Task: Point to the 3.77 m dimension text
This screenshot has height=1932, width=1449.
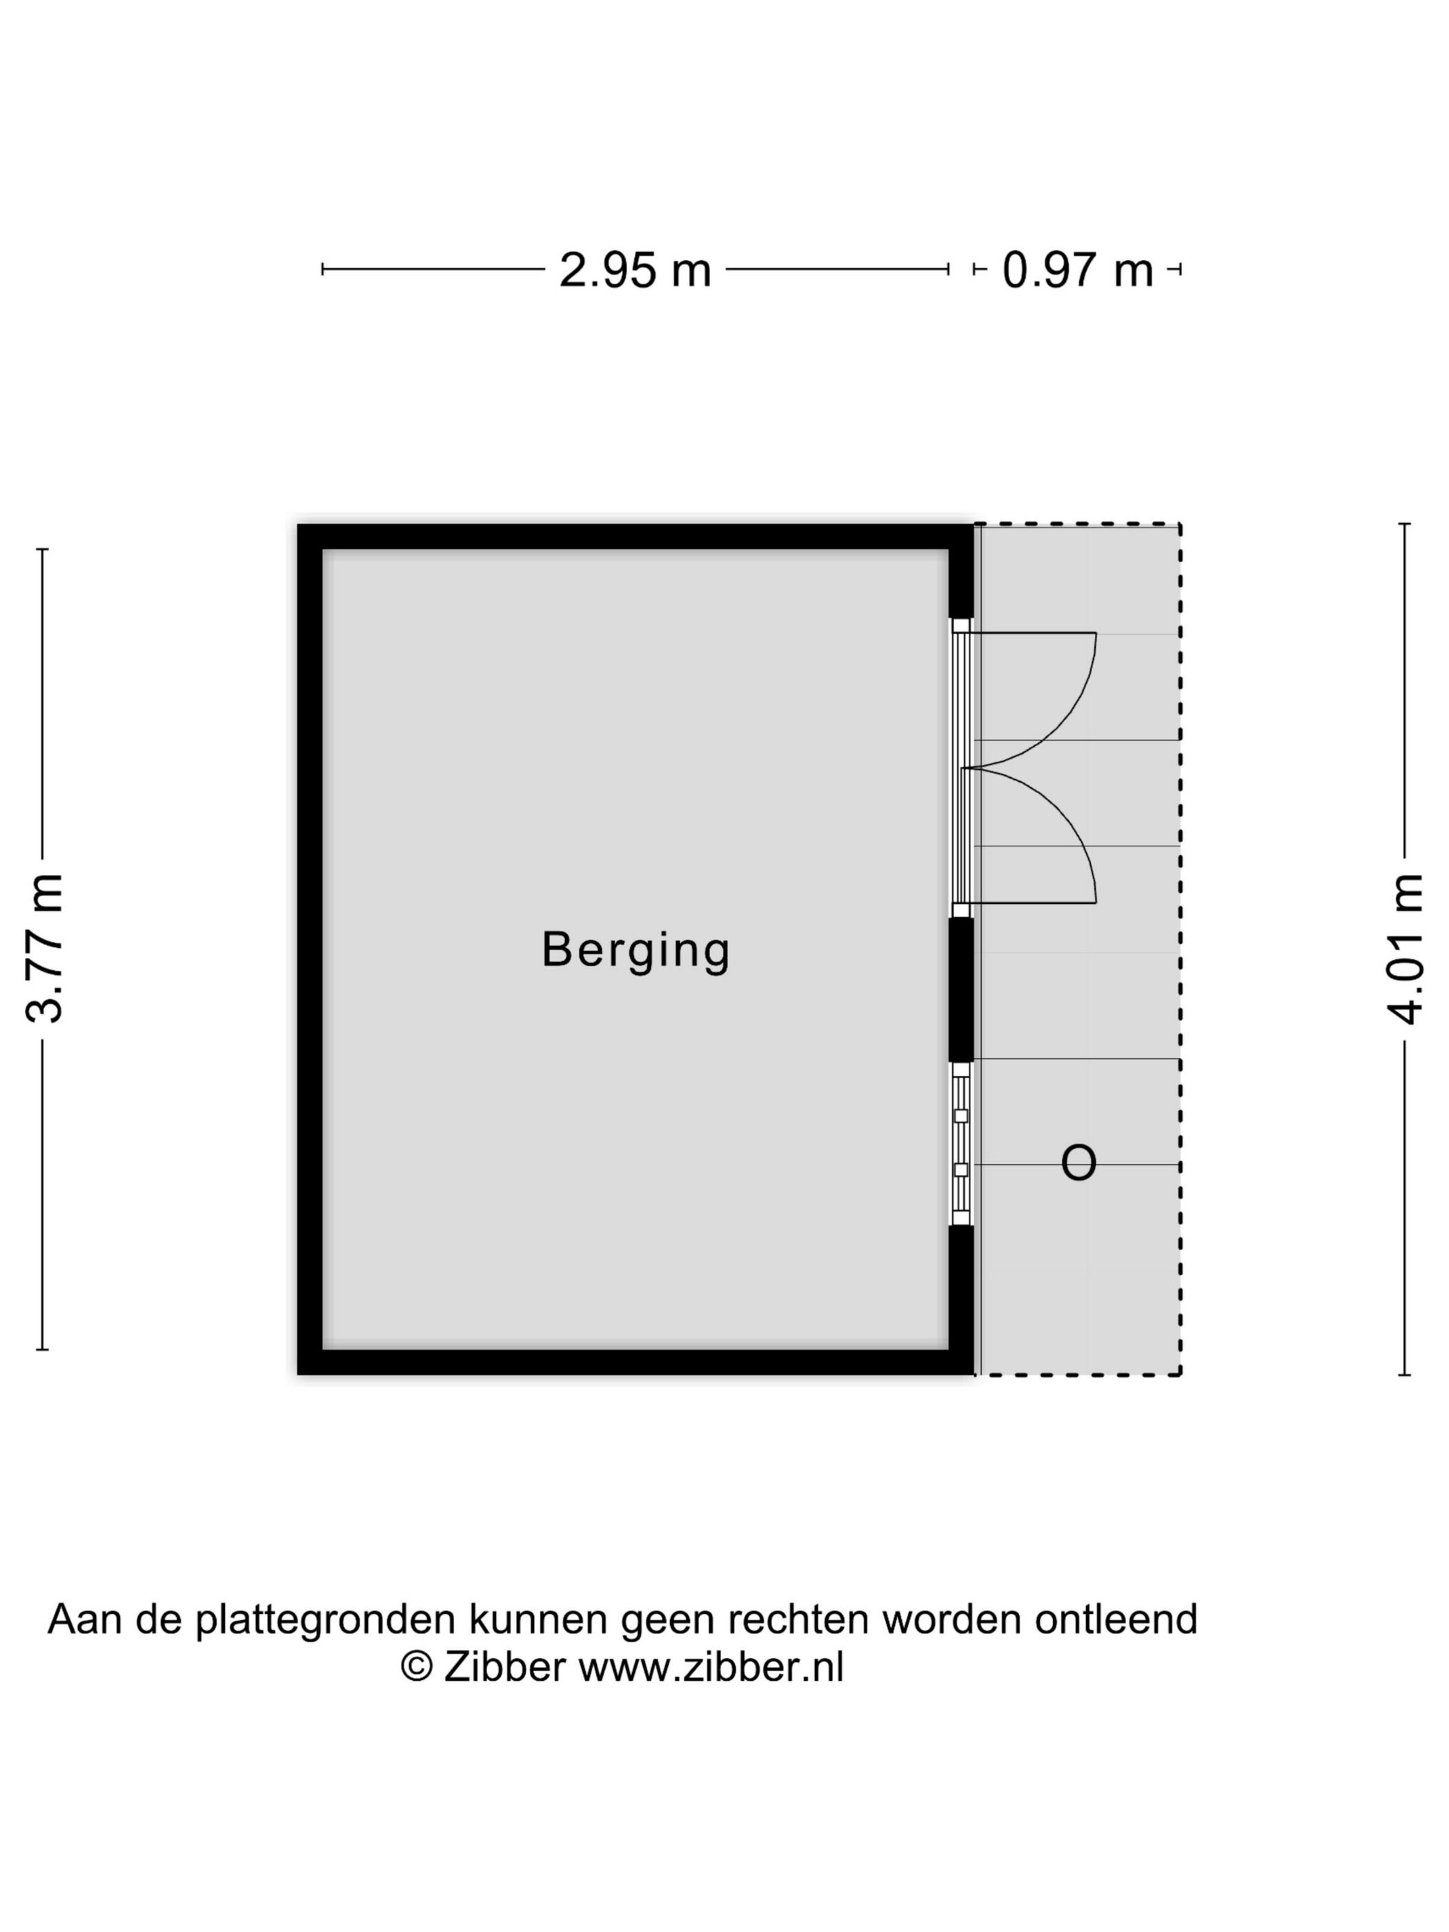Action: pyautogui.click(x=43, y=947)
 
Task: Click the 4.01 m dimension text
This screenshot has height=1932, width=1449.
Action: pyautogui.click(x=1404, y=947)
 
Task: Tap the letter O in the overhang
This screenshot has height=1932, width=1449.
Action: pyautogui.click(x=1078, y=1163)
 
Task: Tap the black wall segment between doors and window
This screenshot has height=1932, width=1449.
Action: pyautogui.click(x=960, y=989)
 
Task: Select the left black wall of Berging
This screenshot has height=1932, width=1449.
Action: pyautogui.click(x=310, y=949)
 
